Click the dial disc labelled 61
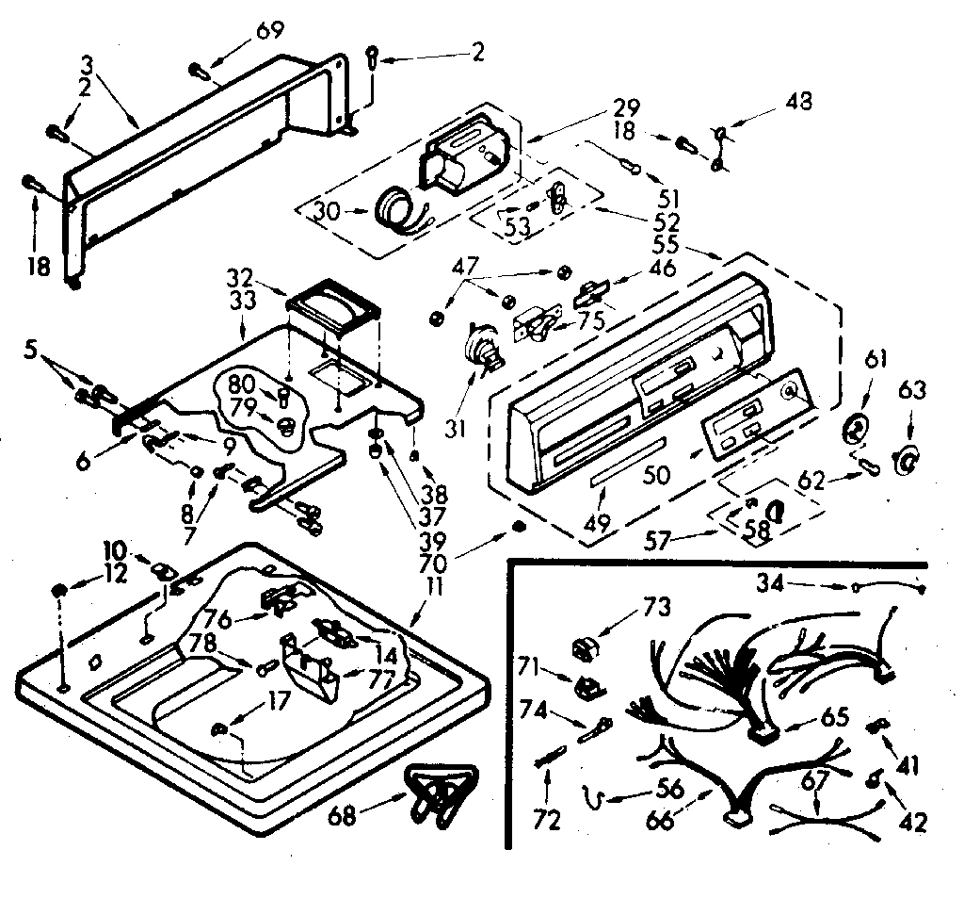tap(855, 429)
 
